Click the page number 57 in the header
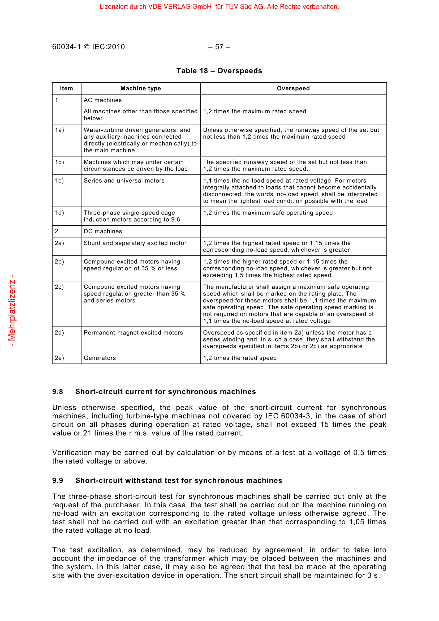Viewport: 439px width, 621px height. (x=219, y=47)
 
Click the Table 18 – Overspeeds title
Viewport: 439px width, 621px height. (x=219, y=71)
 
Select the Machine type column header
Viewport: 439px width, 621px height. (x=141, y=88)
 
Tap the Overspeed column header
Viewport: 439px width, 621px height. (x=293, y=88)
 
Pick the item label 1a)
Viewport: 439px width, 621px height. (x=59, y=130)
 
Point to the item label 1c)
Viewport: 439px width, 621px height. (x=59, y=181)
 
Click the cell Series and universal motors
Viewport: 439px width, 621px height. (x=124, y=181)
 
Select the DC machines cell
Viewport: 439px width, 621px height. (x=103, y=231)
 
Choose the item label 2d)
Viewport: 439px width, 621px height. (x=59, y=333)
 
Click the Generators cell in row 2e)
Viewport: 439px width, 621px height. (x=100, y=358)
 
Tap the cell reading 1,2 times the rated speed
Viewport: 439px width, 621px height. (x=240, y=358)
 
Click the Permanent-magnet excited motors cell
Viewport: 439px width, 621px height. (x=133, y=333)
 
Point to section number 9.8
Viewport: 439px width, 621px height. (x=58, y=392)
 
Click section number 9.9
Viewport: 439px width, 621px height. (x=58, y=480)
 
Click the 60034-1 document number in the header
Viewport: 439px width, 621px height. (x=67, y=47)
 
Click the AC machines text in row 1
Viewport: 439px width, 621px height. (x=103, y=100)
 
